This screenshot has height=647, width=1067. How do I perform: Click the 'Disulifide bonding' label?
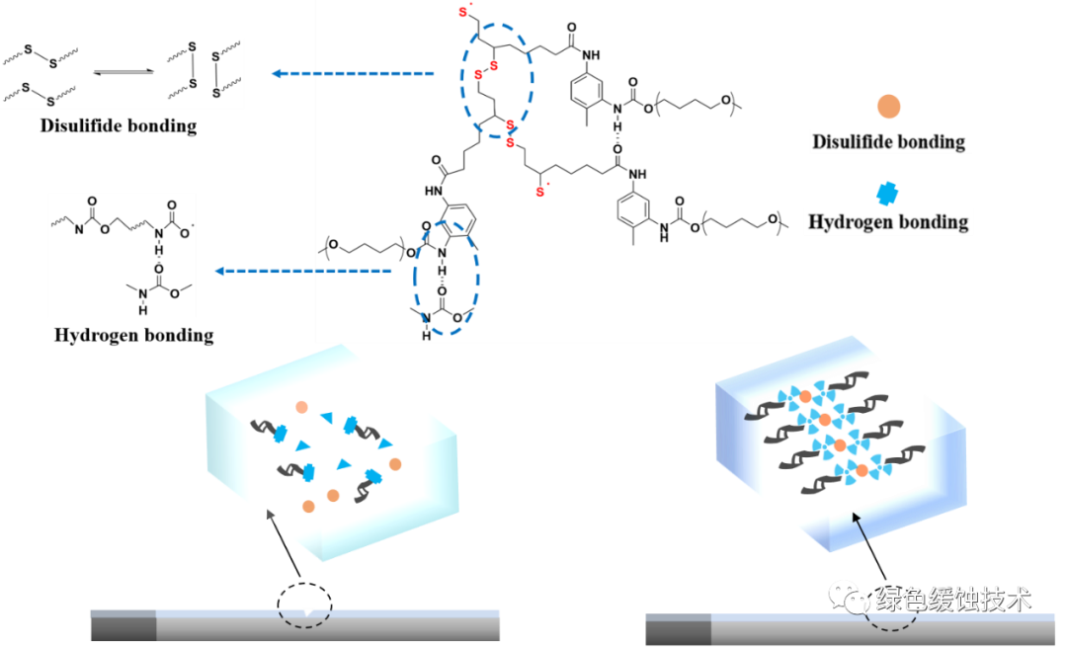[x=888, y=141]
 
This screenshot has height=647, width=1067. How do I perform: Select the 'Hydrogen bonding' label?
[x=888, y=221]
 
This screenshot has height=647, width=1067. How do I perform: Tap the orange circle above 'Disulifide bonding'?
[x=888, y=107]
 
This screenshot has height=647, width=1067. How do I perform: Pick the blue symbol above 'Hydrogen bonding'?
[x=889, y=192]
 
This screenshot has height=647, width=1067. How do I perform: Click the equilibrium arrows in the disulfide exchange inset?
[x=123, y=71]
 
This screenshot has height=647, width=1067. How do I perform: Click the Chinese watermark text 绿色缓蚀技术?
[x=953, y=599]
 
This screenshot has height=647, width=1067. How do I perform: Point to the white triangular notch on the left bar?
[x=309, y=613]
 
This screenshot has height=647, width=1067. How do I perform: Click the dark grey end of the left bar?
[x=123, y=625]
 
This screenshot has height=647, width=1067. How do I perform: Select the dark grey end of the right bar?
[x=678, y=630]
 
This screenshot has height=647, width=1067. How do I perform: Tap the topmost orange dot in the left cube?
[x=300, y=408]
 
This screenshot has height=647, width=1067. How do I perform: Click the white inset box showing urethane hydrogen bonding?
[x=122, y=255]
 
